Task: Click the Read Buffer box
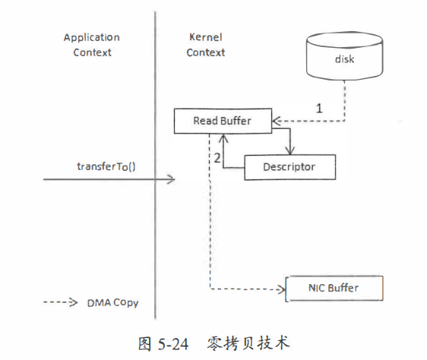pyautogui.click(x=223, y=121)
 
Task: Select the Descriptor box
pyautogui.click(x=289, y=167)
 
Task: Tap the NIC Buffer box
pyautogui.click(x=334, y=289)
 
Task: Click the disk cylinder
pyautogui.click(x=344, y=56)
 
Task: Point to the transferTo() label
pyautogui.click(x=106, y=166)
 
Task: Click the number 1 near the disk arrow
pyautogui.click(x=319, y=109)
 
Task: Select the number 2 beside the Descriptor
pyautogui.click(x=217, y=158)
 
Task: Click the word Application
pyautogui.click(x=92, y=38)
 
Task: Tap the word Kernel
pyautogui.click(x=206, y=37)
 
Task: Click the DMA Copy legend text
pyautogui.click(x=112, y=303)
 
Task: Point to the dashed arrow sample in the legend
pyautogui.click(x=61, y=302)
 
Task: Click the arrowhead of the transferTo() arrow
pyautogui.click(x=172, y=179)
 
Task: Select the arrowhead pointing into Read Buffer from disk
pyautogui.click(x=276, y=121)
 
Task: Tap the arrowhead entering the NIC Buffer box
pyautogui.click(x=281, y=289)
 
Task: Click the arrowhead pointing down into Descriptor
pyautogui.click(x=290, y=150)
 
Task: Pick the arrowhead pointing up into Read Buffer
pyautogui.click(x=223, y=138)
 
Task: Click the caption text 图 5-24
pyautogui.click(x=163, y=343)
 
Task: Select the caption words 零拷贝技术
pyautogui.click(x=248, y=343)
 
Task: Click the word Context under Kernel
pyautogui.click(x=206, y=52)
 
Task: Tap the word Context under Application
pyautogui.click(x=93, y=52)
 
